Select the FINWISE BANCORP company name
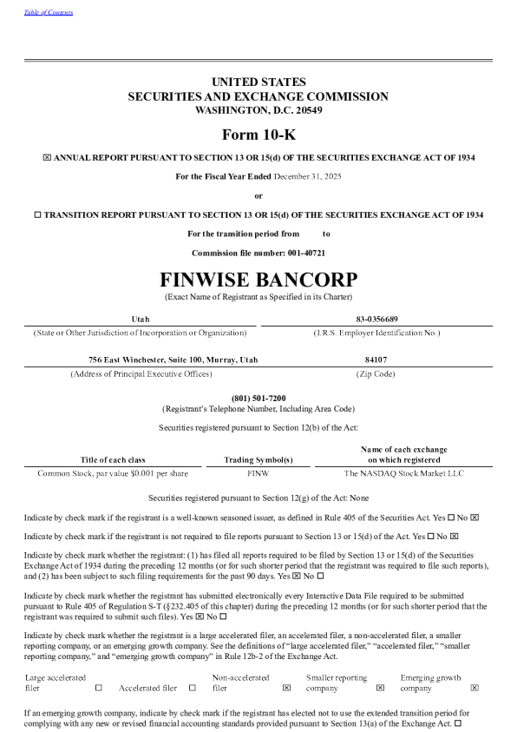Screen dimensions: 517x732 258,280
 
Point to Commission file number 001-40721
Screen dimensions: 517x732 258,252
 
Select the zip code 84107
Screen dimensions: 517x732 376,359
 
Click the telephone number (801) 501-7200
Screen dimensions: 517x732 258,397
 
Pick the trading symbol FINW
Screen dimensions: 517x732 258,474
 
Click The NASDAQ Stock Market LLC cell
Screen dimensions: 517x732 404,474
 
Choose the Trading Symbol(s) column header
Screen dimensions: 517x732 258,459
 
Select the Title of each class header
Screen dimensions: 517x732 113,459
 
